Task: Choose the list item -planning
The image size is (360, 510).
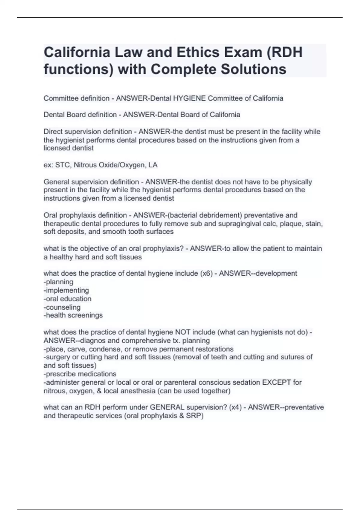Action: point(58,282)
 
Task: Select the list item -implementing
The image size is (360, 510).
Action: point(66,290)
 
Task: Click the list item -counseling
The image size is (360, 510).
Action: point(62,307)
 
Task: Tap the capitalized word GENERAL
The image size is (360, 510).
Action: point(167,407)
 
